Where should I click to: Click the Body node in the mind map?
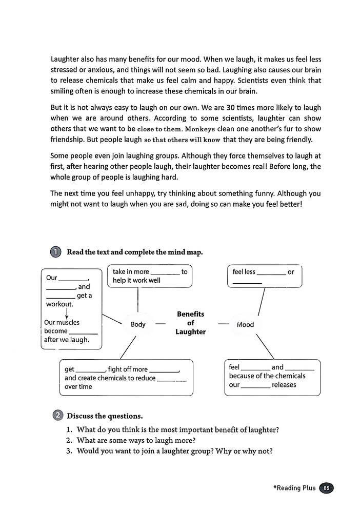[138, 324]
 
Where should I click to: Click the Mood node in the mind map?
[245, 324]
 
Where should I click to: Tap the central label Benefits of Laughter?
[190, 323]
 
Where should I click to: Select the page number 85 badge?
[326, 488]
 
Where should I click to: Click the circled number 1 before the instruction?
[56, 252]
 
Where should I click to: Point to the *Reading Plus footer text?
[294, 488]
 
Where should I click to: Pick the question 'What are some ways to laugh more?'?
[136, 440]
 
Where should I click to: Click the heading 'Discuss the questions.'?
[105, 415]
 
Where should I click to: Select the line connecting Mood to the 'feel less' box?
[261, 301]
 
